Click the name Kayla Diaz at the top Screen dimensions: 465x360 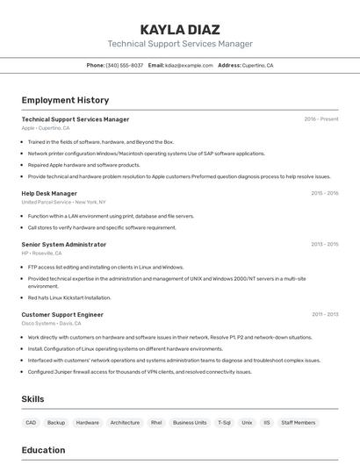pyautogui.click(x=180, y=29)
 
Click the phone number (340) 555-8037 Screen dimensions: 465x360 pyautogui.click(x=124, y=65)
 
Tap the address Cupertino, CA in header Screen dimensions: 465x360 pyautogui.click(x=257, y=65)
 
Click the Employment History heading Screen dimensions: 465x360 pyautogui.click(x=65, y=100)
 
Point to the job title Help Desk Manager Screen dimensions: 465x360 pyautogui.click(x=49, y=193)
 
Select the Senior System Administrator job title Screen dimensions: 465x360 pyautogui.click(x=64, y=245)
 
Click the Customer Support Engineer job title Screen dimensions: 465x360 pyautogui.click(x=62, y=314)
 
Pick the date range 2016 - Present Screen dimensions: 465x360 pyautogui.click(x=321, y=119)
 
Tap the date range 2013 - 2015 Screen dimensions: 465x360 pyautogui.click(x=324, y=245)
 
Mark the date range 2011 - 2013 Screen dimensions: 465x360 pyautogui.click(x=324, y=314)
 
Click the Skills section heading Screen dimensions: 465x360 pyautogui.click(x=32, y=399)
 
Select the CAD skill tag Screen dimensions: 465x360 pyautogui.click(x=31, y=422)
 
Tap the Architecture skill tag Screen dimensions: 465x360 pyautogui.click(x=125, y=422)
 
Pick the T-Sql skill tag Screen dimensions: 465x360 pyautogui.click(x=225, y=422)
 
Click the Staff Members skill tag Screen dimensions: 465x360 pyautogui.click(x=299, y=422)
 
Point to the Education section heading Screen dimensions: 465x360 pyautogui.click(x=43, y=450)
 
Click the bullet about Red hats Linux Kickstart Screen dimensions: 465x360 pyautogui.click(x=69, y=297)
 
